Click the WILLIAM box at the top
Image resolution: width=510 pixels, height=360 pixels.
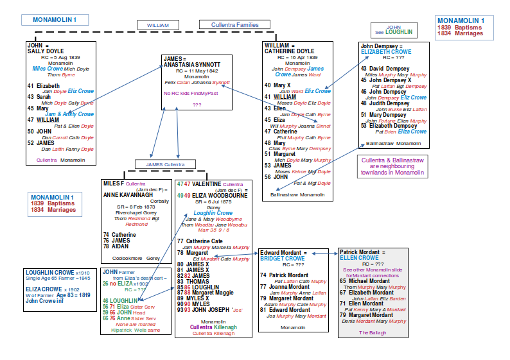pos(158,25)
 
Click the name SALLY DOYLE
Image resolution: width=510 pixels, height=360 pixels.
pos(46,51)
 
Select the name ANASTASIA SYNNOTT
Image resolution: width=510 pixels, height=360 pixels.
pos(192,65)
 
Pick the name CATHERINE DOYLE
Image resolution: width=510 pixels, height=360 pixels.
pos(290,51)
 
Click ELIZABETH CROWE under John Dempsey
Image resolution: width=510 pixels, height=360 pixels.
pos(385,52)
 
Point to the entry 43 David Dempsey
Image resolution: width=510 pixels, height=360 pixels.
pos(381,68)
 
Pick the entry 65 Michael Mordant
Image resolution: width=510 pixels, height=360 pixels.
pos(365,281)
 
